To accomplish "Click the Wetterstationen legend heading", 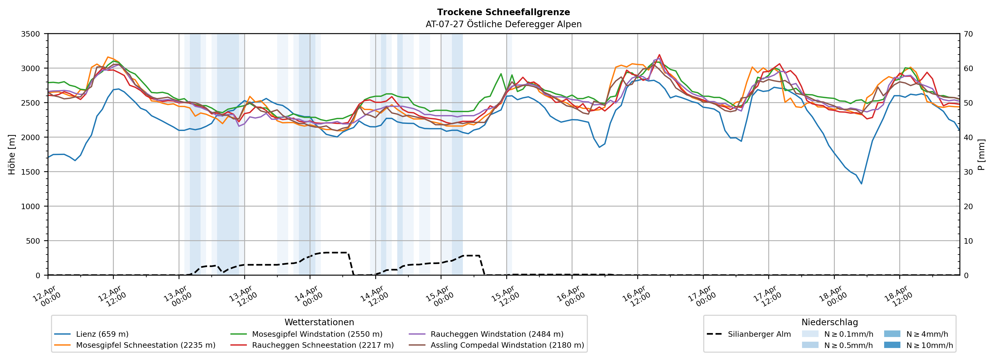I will (319, 322).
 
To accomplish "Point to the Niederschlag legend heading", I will (830, 322).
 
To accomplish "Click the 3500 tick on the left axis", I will (31, 34).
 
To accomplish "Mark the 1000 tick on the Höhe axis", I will (31, 207).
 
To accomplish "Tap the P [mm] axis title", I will (982, 154).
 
